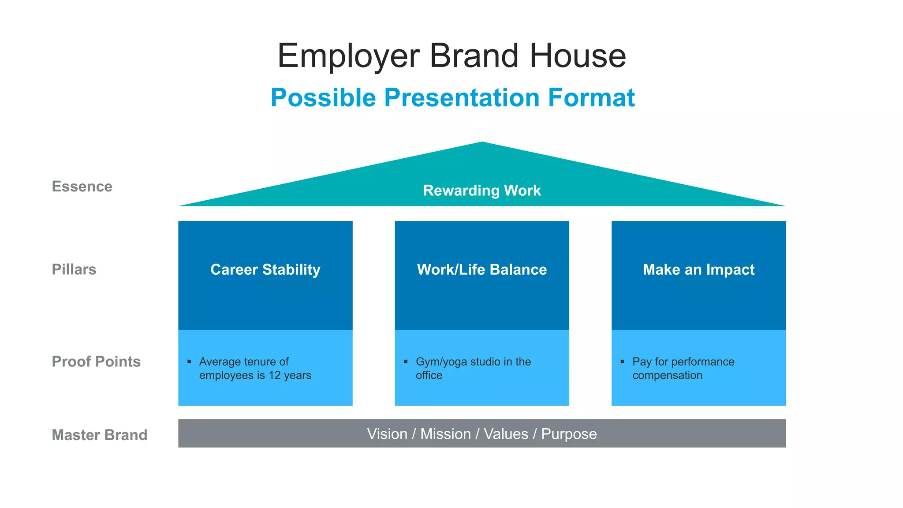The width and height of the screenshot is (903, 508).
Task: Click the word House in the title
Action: coord(578,56)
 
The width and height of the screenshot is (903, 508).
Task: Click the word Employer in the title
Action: coord(348,56)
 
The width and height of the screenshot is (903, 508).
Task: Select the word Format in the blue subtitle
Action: coord(591,97)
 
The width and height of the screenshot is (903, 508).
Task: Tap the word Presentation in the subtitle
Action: coord(462,97)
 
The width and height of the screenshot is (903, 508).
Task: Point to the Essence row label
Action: coord(82,187)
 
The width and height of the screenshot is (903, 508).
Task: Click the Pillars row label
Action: coord(74,269)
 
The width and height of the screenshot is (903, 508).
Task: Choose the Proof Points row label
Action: coord(96,362)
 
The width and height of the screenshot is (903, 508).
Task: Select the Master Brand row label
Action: coord(100,435)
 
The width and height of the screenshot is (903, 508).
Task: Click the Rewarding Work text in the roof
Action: coord(482,190)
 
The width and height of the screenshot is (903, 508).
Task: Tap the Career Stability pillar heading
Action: coord(265,269)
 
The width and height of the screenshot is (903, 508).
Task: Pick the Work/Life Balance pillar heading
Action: coord(482,269)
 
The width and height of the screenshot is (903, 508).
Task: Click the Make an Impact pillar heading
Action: coord(698,269)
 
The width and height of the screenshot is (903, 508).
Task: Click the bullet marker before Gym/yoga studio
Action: coord(406,362)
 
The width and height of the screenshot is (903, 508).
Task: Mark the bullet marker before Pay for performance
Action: coord(622,362)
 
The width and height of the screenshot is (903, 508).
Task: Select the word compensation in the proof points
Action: coord(667,375)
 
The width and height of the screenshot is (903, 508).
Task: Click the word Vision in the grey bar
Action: coord(387,434)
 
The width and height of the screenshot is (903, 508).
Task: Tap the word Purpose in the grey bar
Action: coord(569,434)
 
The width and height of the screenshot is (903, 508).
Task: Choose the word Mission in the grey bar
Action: coord(445,434)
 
